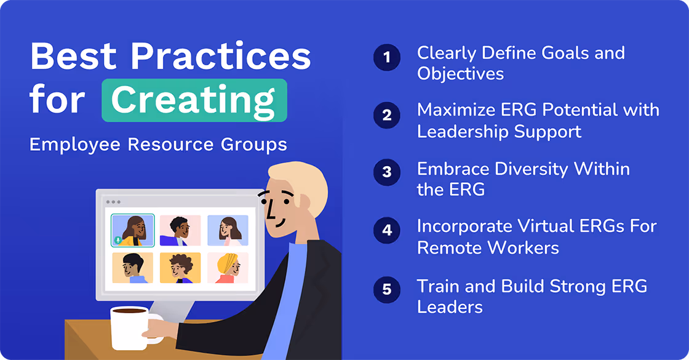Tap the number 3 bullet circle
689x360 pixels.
tap(387, 172)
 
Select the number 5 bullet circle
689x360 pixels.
tap(387, 288)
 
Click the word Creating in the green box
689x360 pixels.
tap(194, 100)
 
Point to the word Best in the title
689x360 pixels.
tap(74, 57)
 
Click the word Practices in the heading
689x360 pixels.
tap(221, 57)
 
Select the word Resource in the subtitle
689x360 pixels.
tap(165, 145)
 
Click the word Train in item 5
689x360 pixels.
tap(439, 286)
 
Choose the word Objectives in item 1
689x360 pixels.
tap(460, 74)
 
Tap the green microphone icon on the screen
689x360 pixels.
tap(117, 240)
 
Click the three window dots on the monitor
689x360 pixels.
tap(113, 202)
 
